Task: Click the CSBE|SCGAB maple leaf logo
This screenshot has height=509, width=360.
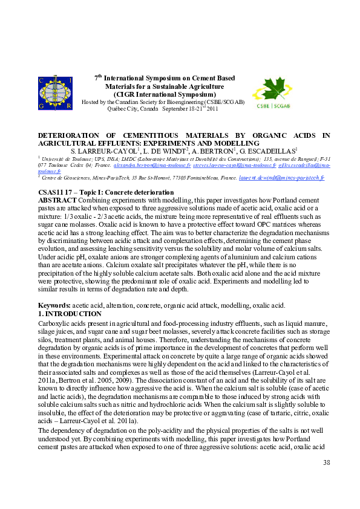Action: click(x=272, y=93)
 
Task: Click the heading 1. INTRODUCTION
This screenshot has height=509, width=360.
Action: click(x=70, y=314)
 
